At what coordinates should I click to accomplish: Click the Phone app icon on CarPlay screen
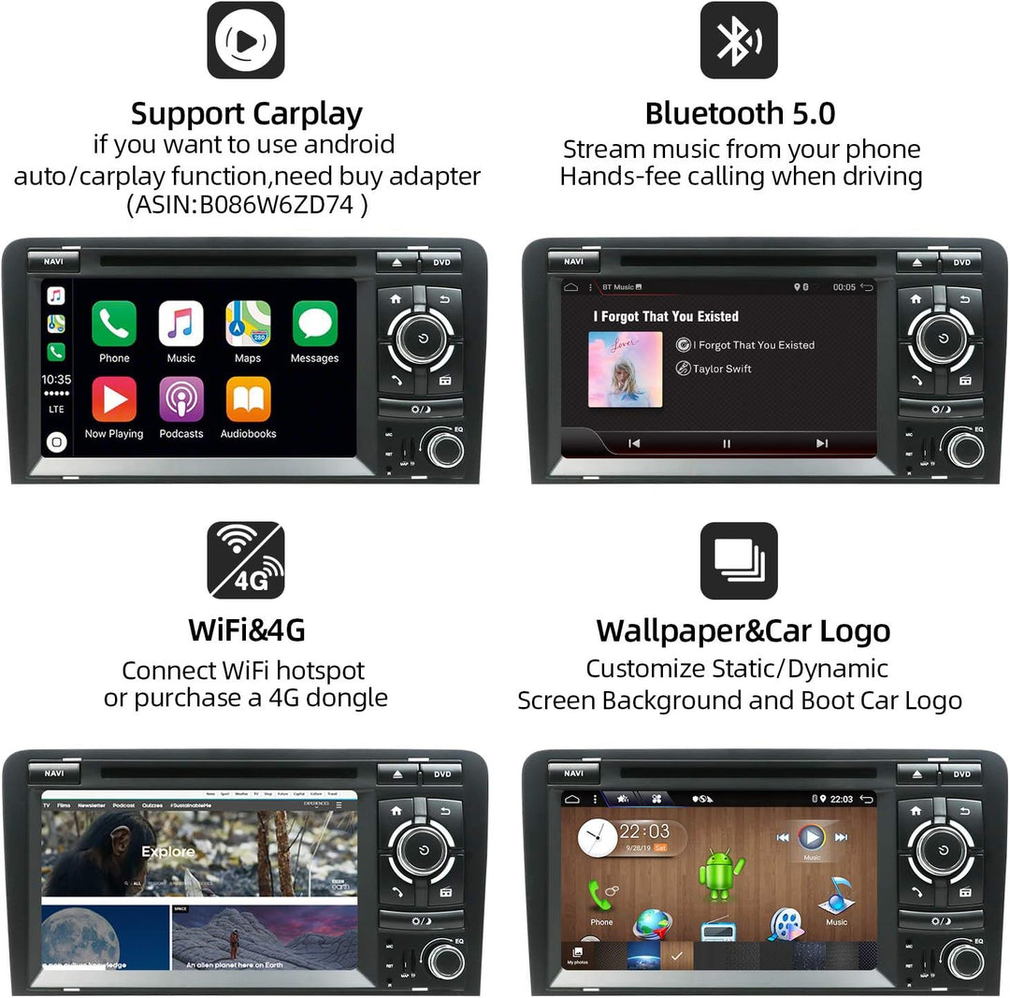click(114, 324)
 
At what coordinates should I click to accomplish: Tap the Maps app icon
click(248, 324)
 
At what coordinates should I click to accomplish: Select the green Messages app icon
click(314, 324)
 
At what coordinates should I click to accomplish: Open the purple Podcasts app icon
click(181, 399)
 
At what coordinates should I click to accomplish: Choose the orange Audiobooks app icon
click(248, 399)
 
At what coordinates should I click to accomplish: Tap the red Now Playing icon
click(114, 399)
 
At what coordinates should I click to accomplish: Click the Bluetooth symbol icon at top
click(738, 40)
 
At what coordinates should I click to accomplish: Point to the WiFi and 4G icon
click(245, 560)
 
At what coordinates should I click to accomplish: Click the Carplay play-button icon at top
click(245, 40)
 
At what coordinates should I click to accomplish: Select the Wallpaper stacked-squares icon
click(738, 560)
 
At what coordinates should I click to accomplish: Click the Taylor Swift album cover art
click(626, 369)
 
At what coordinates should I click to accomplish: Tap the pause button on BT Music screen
click(727, 443)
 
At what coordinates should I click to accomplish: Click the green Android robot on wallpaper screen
click(721, 872)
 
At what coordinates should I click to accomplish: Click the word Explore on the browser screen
click(168, 851)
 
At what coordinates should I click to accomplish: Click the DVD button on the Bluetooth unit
click(961, 262)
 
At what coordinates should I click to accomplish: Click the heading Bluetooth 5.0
click(740, 113)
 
